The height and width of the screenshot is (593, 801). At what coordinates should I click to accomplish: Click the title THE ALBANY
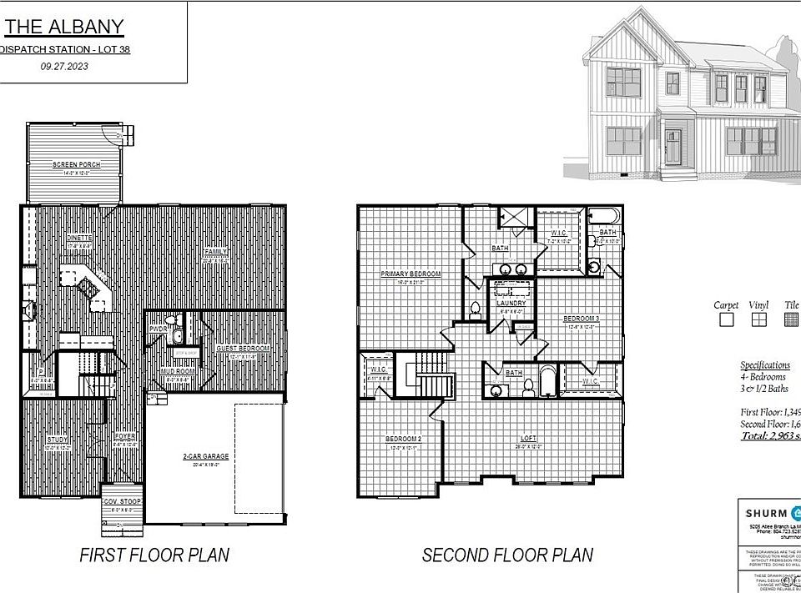point(64,26)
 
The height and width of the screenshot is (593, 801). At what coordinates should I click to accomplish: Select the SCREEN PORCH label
point(76,165)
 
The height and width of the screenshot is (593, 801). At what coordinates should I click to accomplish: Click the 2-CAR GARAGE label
point(205,456)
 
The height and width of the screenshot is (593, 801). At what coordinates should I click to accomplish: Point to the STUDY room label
point(57,440)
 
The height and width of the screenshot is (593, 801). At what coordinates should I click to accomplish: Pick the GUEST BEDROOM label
point(243,349)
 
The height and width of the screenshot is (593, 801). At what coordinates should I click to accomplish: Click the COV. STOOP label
point(121,501)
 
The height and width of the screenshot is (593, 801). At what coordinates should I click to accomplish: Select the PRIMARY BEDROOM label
point(411,274)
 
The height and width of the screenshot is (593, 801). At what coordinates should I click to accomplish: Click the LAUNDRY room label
point(511,304)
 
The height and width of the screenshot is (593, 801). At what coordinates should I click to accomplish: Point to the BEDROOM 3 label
point(582,319)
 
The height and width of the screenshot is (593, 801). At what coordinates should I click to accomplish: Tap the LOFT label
point(527,439)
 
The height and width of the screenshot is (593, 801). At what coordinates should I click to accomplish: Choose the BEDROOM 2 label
point(402,440)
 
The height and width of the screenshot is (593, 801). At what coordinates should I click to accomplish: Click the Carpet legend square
point(726,319)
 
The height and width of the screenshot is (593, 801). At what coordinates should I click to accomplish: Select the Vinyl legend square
point(758,319)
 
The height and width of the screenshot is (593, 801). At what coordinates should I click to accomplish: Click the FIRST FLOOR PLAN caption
point(154,555)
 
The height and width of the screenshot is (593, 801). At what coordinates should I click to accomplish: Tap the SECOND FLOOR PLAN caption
point(507,555)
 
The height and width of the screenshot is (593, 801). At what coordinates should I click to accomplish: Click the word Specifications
point(764,364)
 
